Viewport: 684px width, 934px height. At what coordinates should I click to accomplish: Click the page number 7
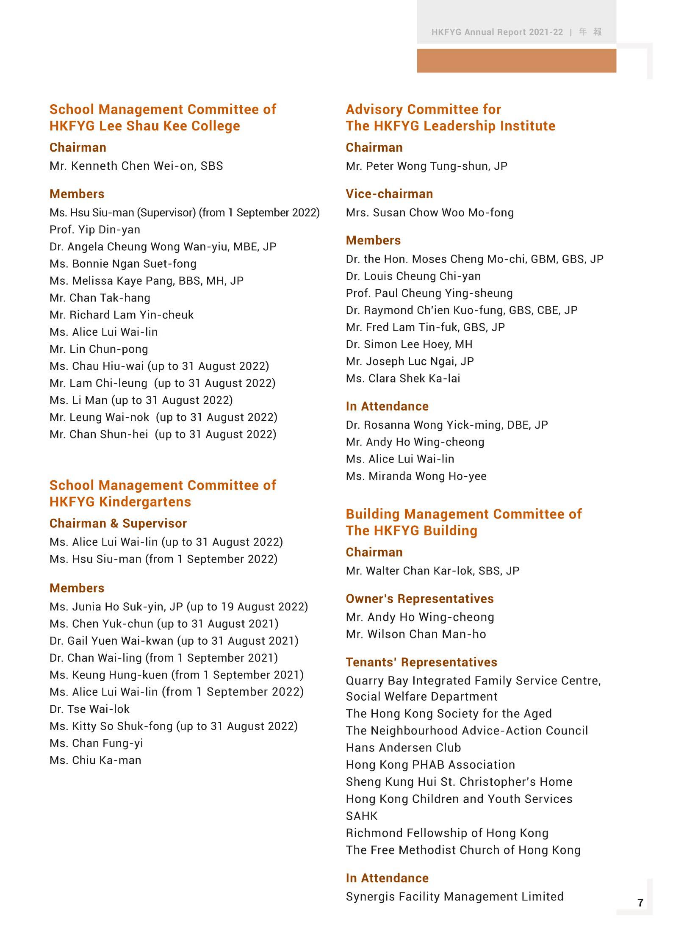coord(640,902)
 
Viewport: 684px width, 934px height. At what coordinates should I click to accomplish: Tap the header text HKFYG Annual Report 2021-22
coord(497,32)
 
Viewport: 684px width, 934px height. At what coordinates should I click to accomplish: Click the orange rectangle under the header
coord(516,61)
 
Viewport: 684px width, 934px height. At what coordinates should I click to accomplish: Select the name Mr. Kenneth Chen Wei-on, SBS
coord(136,166)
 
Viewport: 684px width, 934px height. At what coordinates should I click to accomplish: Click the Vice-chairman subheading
coord(389,194)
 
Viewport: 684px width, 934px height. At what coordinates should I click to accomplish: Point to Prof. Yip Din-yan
coord(94,230)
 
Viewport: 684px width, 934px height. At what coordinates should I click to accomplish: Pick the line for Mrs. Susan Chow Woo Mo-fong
coord(429,213)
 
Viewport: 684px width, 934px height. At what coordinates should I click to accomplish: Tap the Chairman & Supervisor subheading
coord(118,524)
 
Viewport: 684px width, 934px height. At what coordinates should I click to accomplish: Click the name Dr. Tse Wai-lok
coord(89,709)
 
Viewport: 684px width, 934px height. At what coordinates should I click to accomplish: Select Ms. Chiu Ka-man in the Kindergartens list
coord(95,760)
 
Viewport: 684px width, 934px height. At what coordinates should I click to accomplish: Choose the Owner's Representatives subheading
coord(420,599)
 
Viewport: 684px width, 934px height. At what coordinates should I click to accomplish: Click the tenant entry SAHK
coord(361,816)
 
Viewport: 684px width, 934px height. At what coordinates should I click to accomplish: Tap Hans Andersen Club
coord(403,748)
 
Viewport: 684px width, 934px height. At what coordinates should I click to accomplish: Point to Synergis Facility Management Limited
coord(454,897)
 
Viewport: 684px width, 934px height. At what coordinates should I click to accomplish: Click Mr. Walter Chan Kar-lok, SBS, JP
coord(432,571)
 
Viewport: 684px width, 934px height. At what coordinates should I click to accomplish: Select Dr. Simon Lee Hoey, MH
coord(409,344)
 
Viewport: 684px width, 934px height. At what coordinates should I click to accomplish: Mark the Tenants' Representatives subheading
coord(421,662)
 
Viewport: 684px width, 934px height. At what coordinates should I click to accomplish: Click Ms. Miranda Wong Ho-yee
coord(416,477)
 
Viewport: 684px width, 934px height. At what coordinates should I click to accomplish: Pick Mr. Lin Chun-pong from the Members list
coord(99,349)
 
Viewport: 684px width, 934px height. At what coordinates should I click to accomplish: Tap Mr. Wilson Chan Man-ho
coord(415,634)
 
